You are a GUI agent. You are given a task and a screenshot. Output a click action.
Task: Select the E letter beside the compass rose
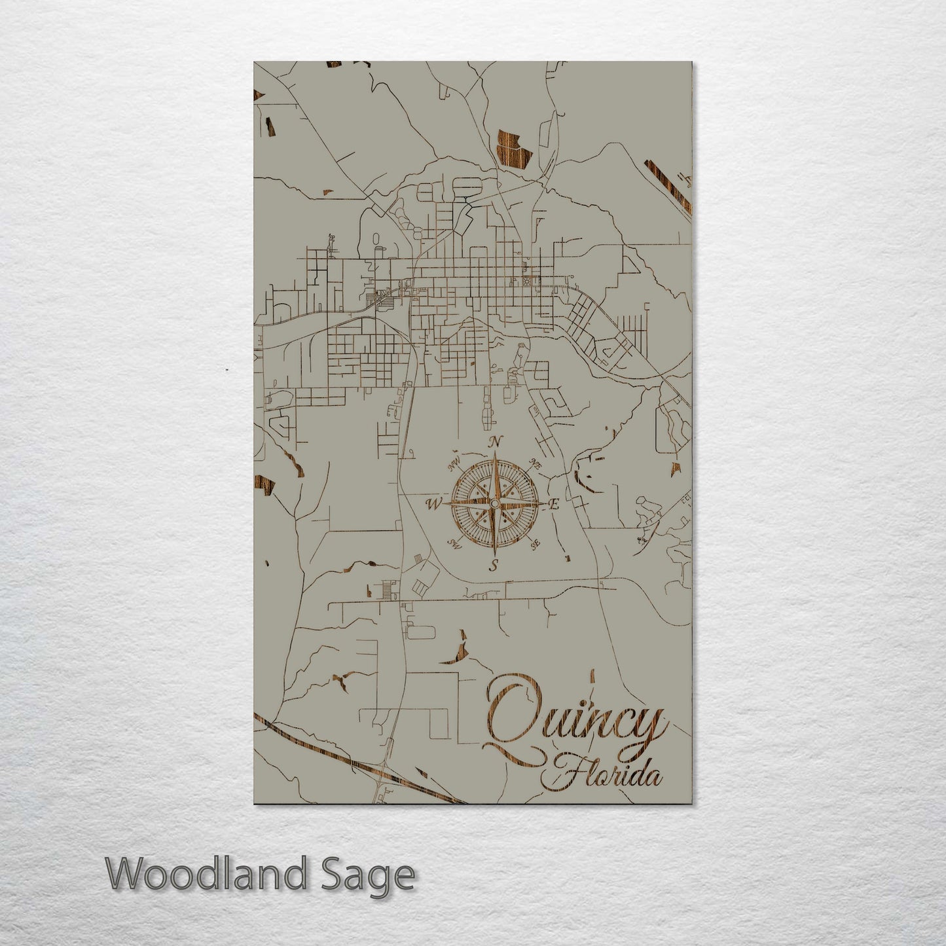click(x=554, y=505)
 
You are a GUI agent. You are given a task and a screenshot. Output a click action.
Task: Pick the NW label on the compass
click(x=452, y=465)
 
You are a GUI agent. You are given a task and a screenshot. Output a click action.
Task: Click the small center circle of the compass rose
click(x=494, y=503)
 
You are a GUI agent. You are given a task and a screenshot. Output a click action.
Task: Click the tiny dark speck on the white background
click(x=227, y=371)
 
